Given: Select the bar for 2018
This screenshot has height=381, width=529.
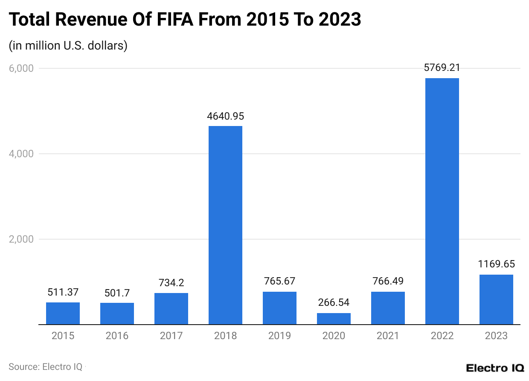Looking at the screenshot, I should (225, 225).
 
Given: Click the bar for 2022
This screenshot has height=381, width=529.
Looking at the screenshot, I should (442, 201).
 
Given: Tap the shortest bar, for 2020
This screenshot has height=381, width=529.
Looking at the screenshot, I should (334, 319).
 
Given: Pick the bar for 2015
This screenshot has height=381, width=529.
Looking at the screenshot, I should (63, 314).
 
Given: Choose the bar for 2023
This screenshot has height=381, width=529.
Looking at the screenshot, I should (496, 299).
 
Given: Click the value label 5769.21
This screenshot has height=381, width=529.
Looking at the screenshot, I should (442, 67).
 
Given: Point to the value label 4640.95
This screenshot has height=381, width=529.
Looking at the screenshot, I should (225, 116).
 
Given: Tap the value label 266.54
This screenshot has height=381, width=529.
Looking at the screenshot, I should (334, 302).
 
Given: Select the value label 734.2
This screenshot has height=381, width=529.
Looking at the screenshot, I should (171, 283).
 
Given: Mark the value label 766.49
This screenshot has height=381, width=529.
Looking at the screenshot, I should (388, 281).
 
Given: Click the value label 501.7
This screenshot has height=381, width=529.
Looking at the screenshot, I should (117, 293).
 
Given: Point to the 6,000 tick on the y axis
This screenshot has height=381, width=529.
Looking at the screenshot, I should (21, 68).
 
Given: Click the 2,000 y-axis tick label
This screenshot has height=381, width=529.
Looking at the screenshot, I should (21, 239).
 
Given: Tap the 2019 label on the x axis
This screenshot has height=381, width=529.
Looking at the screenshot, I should (279, 336).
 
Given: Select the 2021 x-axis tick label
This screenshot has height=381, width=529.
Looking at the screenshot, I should (388, 336).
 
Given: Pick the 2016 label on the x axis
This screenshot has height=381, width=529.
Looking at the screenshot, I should (117, 336).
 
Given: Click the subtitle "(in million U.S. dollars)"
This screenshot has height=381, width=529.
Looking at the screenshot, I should (68, 45).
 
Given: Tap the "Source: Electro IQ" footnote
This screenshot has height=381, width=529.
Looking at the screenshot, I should (45, 366).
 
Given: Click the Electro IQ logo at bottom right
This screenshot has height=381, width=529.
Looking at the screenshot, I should (494, 368).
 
